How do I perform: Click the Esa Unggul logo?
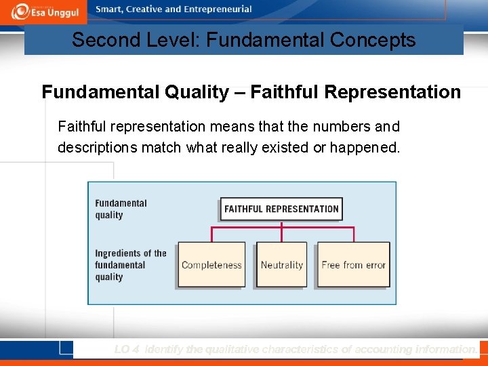click(43, 11)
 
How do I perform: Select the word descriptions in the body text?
click(98, 147)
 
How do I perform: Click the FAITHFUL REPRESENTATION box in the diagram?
click(281, 209)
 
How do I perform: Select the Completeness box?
click(211, 265)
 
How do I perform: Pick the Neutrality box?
click(281, 265)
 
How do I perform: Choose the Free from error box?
click(353, 265)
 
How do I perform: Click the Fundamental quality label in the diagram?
click(121, 209)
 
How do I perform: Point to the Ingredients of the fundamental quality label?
click(130, 265)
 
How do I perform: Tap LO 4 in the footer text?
click(127, 350)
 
